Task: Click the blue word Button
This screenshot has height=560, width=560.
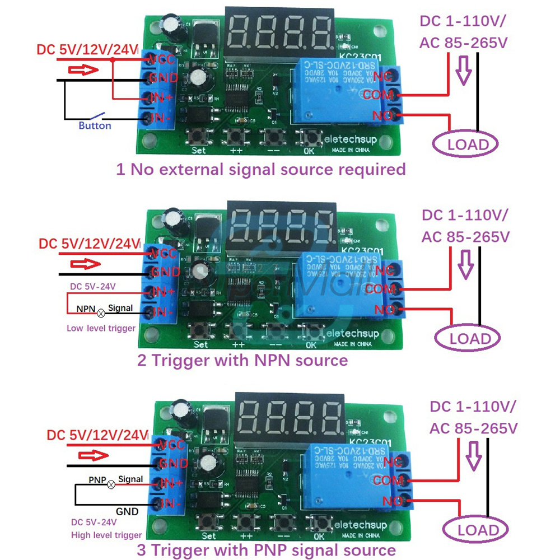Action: [95, 126]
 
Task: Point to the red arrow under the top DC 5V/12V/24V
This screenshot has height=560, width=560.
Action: [83, 71]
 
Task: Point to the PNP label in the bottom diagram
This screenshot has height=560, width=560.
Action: [97, 480]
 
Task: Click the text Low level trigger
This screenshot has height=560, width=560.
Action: [101, 328]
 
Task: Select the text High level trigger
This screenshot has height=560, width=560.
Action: [106, 535]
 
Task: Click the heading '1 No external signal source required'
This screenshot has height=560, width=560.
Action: [260, 169]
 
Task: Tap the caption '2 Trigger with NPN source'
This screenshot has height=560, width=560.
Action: [243, 360]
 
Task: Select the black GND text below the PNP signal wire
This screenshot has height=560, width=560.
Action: [127, 511]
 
